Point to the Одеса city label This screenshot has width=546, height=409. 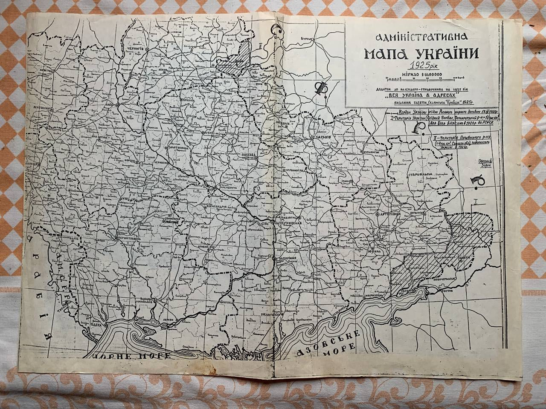click(97, 324)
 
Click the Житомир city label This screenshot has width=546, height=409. click(42, 109)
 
